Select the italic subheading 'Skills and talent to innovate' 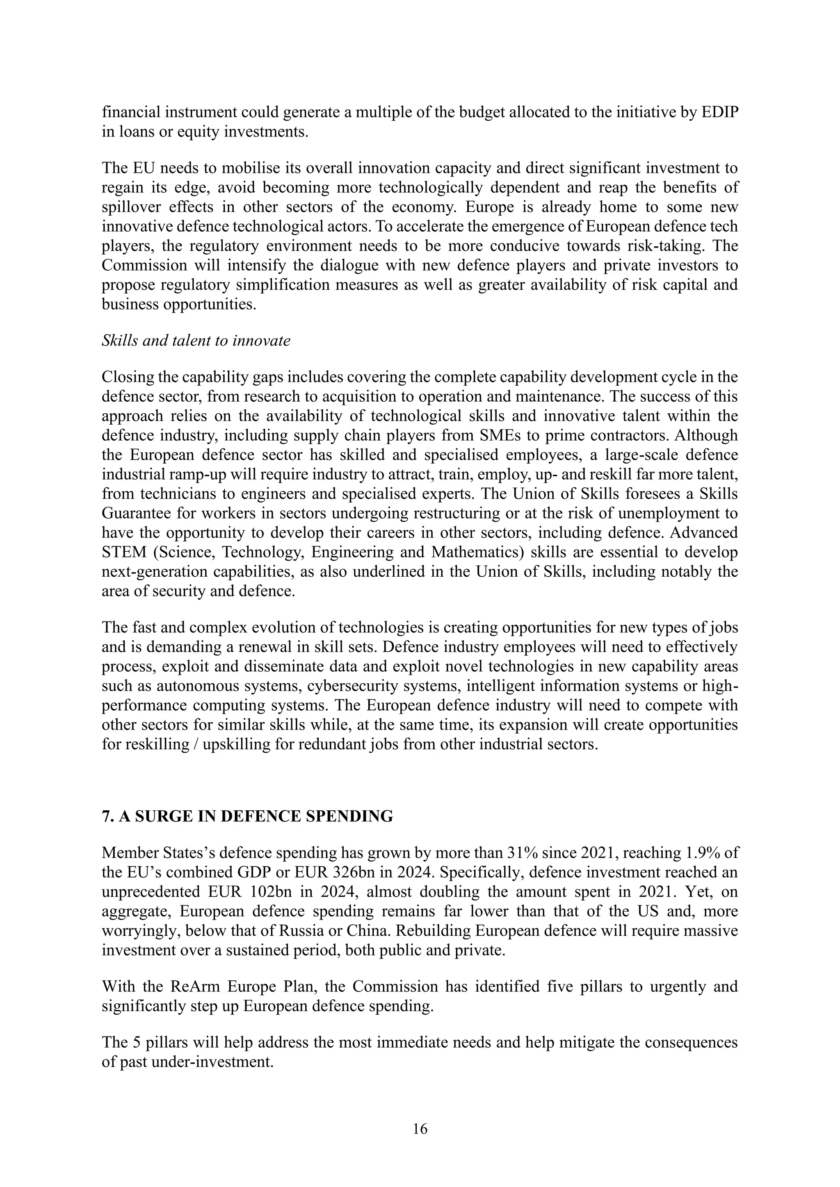196,341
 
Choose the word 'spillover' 131,207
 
